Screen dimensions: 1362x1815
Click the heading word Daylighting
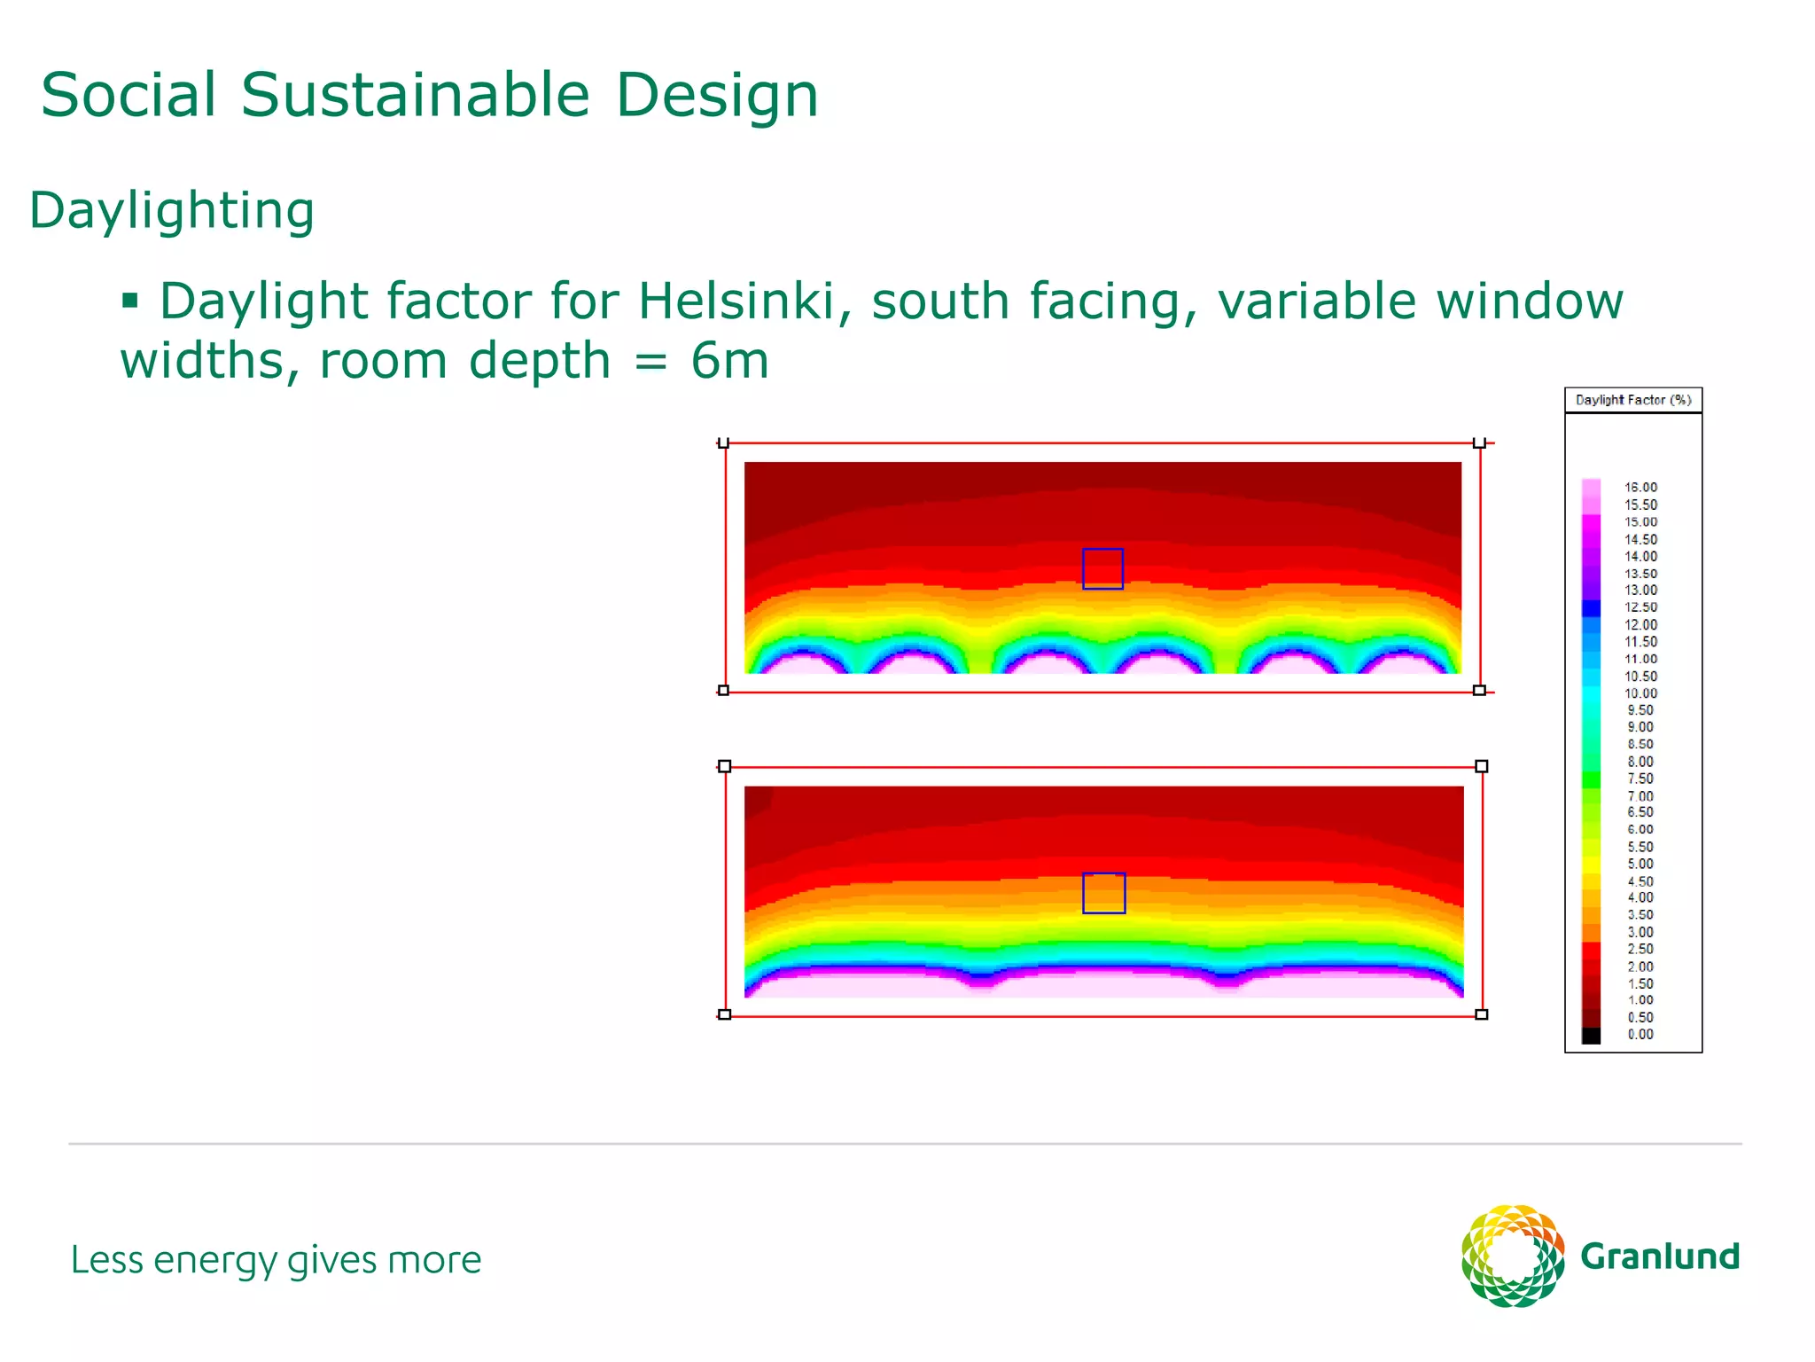tap(172, 211)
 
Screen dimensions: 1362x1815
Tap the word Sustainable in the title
tap(415, 95)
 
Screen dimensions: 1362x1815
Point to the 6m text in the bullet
tap(729, 361)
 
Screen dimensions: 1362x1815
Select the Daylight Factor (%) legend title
tap(1632, 400)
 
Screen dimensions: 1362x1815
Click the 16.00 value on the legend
tap(1640, 487)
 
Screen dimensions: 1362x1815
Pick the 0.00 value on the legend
tap(1640, 1034)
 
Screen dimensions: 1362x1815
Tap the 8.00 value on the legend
tap(1640, 761)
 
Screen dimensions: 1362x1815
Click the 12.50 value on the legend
tap(1640, 607)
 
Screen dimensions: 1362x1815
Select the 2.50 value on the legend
tap(1640, 949)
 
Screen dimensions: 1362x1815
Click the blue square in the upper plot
tap(1102, 568)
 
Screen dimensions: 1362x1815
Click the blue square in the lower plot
tap(1103, 893)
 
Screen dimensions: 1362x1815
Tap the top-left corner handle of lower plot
tap(725, 766)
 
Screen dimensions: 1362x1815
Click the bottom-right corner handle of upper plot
tap(1479, 690)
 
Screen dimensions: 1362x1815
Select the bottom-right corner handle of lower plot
tap(1481, 1014)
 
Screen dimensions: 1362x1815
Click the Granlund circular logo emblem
tap(1513, 1256)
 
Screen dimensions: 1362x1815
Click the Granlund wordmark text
tap(1660, 1256)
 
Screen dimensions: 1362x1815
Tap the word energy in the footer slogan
tap(215, 1260)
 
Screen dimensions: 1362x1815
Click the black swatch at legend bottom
tap(1592, 1035)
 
